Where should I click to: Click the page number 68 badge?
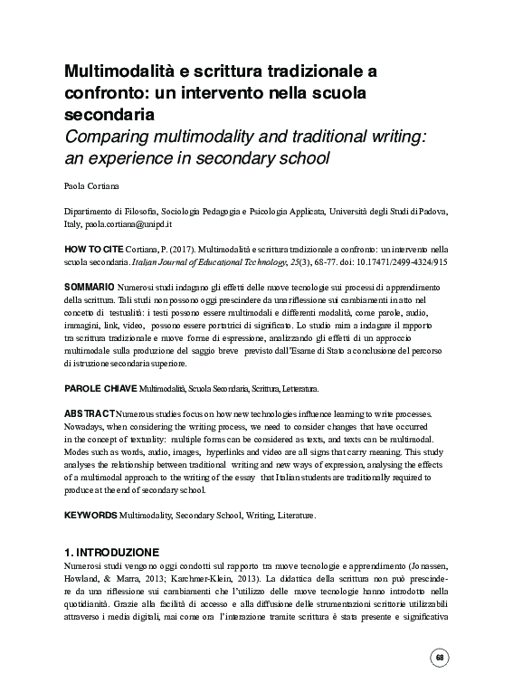[x=441, y=657]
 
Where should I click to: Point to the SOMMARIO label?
[x=88, y=286]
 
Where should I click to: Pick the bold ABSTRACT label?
[x=89, y=412]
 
